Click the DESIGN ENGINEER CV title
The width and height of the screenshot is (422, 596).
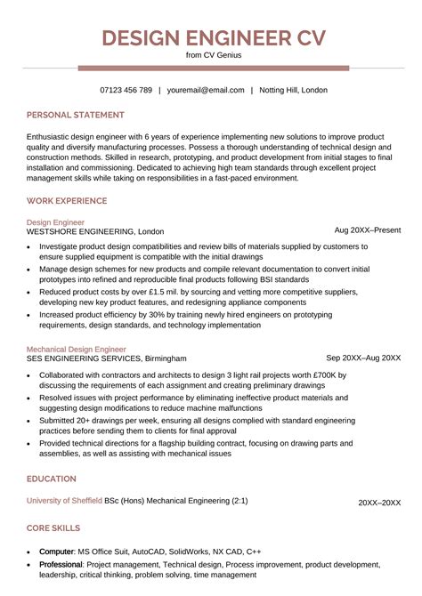pyautogui.click(x=213, y=37)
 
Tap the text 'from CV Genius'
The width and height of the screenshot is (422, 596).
pyautogui.click(x=213, y=55)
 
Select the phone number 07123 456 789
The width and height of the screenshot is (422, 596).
pyautogui.click(x=126, y=90)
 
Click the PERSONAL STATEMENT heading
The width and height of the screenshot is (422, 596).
pyautogui.click(x=76, y=115)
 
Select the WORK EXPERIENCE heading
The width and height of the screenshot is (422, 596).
pyautogui.click(x=73, y=201)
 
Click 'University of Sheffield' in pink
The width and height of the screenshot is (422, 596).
pyautogui.click(x=64, y=502)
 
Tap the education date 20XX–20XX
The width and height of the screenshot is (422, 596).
pyautogui.click(x=379, y=503)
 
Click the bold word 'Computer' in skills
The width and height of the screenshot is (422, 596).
pyautogui.click(x=57, y=552)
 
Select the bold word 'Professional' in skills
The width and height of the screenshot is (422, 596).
pyautogui.click(x=62, y=565)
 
